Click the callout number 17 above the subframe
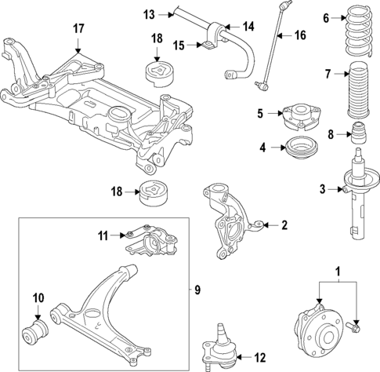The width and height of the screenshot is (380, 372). pos(78,29)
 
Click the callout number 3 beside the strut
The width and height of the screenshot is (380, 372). pos(322,188)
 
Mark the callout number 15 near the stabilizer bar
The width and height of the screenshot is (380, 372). pos(178,46)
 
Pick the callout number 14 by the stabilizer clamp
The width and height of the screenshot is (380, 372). pos(249,27)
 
